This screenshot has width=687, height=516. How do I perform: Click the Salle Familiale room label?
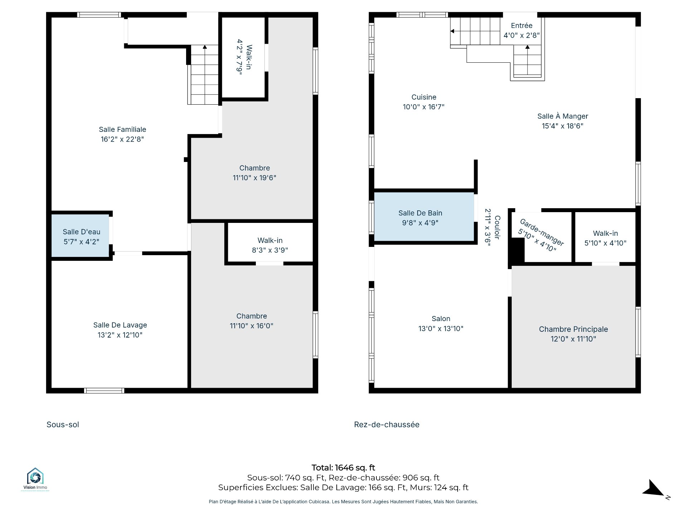(122, 129)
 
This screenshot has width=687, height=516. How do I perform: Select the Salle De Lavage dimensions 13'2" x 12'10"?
(120, 335)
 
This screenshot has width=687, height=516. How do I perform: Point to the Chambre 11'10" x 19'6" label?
(254, 173)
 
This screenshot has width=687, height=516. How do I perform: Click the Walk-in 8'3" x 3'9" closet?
(270, 243)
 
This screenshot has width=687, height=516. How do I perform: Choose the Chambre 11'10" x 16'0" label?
(252, 321)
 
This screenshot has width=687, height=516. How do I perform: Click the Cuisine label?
(424, 97)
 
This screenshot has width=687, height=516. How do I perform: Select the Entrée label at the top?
(522, 25)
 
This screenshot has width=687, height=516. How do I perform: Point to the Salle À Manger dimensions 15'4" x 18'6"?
(562, 126)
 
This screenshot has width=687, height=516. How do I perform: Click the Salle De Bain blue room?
(424, 217)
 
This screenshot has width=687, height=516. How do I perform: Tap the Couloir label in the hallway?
(497, 227)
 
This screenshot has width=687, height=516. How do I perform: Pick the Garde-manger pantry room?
(547, 237)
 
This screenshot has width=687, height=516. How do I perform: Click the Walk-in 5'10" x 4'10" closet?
(605, 237)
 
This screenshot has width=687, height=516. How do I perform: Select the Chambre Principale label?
(573, 329)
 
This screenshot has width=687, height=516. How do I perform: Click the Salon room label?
(441, 319)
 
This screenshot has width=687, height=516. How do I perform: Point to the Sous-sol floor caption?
(63, 425)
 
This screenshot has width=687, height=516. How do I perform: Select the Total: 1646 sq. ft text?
(343, 468)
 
